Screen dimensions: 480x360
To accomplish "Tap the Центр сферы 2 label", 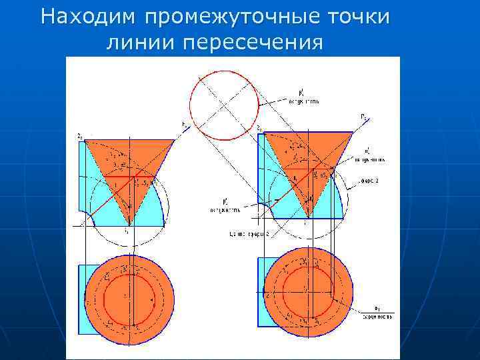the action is click(x=249, y=235).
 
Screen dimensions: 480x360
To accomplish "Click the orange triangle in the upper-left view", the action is click(x=127, y=163).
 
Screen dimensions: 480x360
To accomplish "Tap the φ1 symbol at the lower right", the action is click(x=377, y=307).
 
